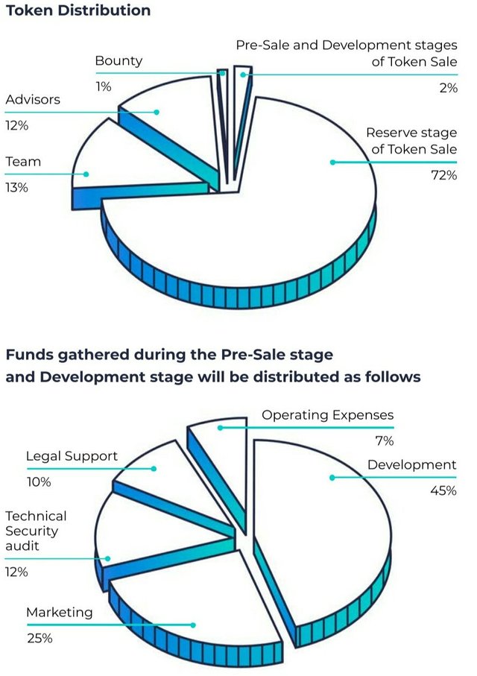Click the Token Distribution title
[x=78, y=10]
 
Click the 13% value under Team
[x=16, y=188]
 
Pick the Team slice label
[x=23, y=162]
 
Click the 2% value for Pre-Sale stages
[x=449, y=87]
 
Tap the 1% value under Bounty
[x=103, y=86]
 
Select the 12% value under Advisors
[x=16, y=126]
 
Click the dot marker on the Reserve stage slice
[x=332, y=162]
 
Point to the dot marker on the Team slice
[x=86, y=174]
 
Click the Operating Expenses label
[x=327, y=415]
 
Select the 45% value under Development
[x=443, y=491]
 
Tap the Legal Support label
[x=72, y=456]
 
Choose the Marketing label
[x=60, y=613]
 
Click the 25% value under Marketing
[x=40, y=639]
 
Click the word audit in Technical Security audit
[x=22, y=546]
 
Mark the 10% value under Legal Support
[x=38, y=482]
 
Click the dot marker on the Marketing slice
[x=195, y=625]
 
